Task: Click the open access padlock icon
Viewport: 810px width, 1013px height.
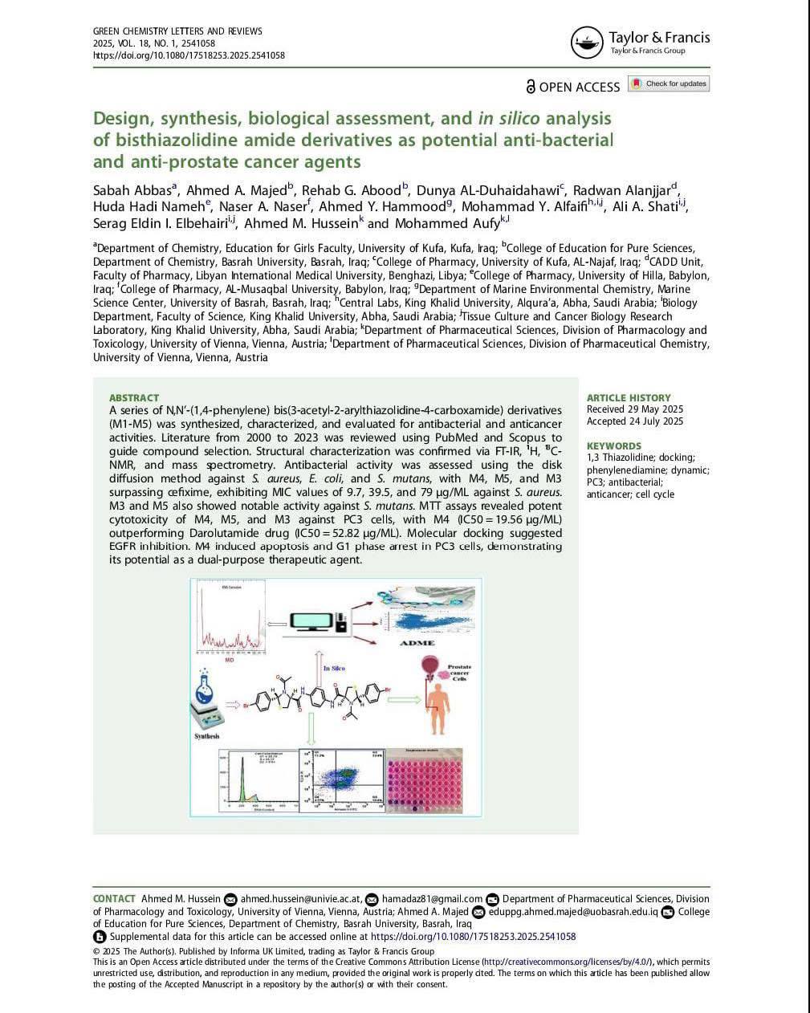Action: pos(531,86)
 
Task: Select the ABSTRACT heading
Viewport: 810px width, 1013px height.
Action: pos(134,397)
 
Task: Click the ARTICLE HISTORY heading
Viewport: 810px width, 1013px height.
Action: pos(629,397)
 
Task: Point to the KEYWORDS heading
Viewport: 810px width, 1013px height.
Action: pos(614,445)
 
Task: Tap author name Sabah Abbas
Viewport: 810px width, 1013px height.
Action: pos(132,191)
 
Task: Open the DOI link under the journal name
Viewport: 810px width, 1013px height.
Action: pos(189,55)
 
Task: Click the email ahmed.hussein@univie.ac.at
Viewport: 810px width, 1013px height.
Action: pos(302,899)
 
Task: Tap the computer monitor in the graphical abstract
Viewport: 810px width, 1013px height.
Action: pos(315,622)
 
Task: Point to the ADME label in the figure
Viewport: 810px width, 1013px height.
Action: pos(417,643)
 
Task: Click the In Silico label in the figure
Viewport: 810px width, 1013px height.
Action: pos(334,668)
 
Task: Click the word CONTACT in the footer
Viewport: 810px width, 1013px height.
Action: pos(114,899)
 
